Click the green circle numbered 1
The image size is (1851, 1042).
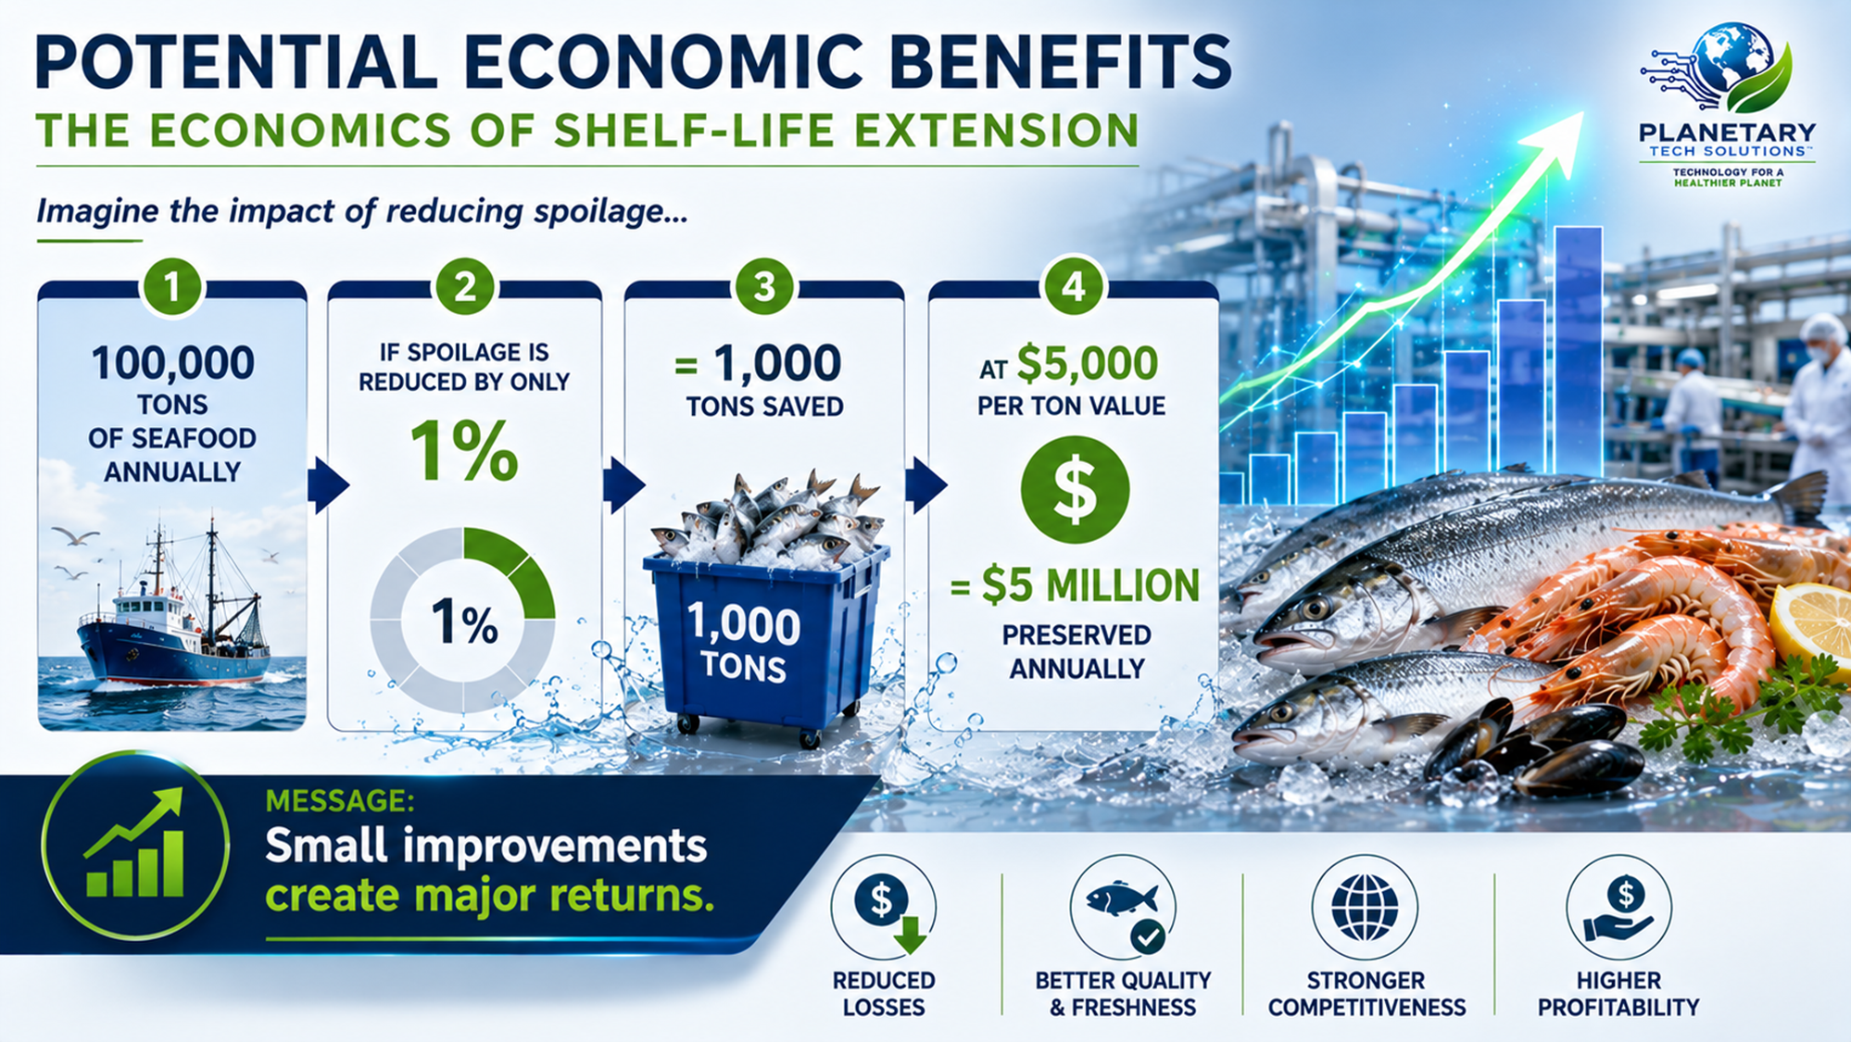pyautogui.click(x=172, y=286)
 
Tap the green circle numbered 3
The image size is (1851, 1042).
pyautogui.click(x=763, y=286)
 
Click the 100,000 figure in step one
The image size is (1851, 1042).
pyautogui.click(x=173, y=363)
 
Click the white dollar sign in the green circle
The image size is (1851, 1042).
pyautogui.click(x=1075, y=490)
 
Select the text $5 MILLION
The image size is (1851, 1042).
pyautogui.click(x=1090, y=585)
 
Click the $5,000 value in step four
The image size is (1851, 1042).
pyautogui.click(x=1087, y=363)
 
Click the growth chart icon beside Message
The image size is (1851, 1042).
pyautogui.click(x=135, y=845)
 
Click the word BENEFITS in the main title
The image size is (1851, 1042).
pyautogui.click(x=1062, y=63)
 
